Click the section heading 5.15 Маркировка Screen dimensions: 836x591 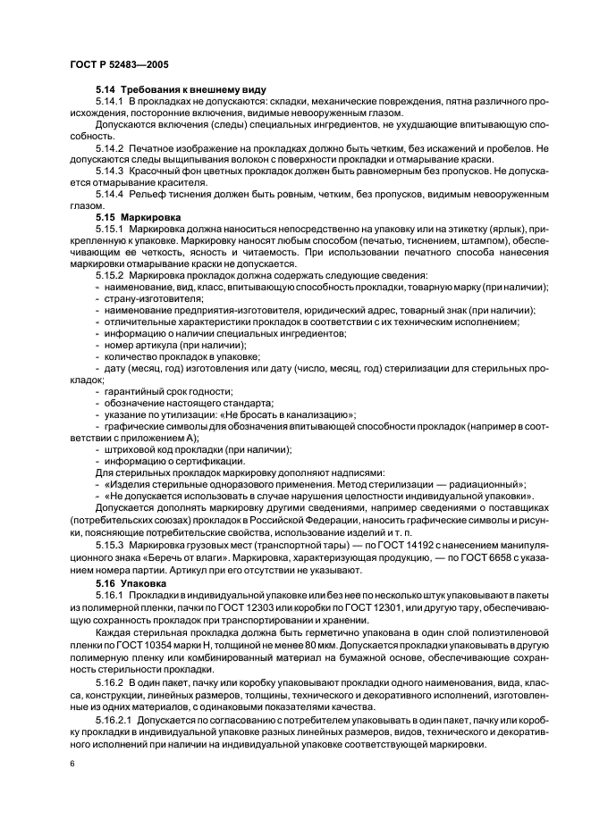(138, 217)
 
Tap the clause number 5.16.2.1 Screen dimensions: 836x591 (114, 720)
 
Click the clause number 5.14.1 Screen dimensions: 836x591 (109, 104)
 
